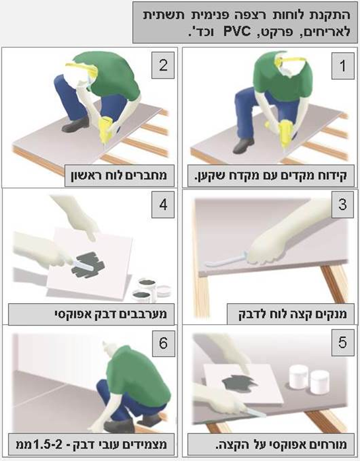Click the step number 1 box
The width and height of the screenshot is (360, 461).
(x=343, y=66)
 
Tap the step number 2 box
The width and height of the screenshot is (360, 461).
(x=163, y=65)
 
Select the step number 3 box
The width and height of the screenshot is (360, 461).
(x=343, y=205)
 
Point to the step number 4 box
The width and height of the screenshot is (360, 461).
(x=163, y=205)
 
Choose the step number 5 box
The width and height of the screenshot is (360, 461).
(x=343, y=343)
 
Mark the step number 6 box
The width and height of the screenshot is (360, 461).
(x=163, y=343)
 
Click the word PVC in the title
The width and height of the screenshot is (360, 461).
(x=237, y=32)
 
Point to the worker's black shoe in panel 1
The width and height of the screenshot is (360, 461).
(x=243, y=145)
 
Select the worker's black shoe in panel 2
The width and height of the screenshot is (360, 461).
(x=75, y=125)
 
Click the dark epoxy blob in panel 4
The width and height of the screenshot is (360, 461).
(x=89, y=265)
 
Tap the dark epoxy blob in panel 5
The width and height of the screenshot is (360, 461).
(x=237, y=383)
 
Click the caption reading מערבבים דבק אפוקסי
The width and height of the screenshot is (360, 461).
(x=110, y=314)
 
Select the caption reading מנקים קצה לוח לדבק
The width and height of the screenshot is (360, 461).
(x=293, y=314)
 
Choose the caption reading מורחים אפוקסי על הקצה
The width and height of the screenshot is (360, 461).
(x=281, y=444)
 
